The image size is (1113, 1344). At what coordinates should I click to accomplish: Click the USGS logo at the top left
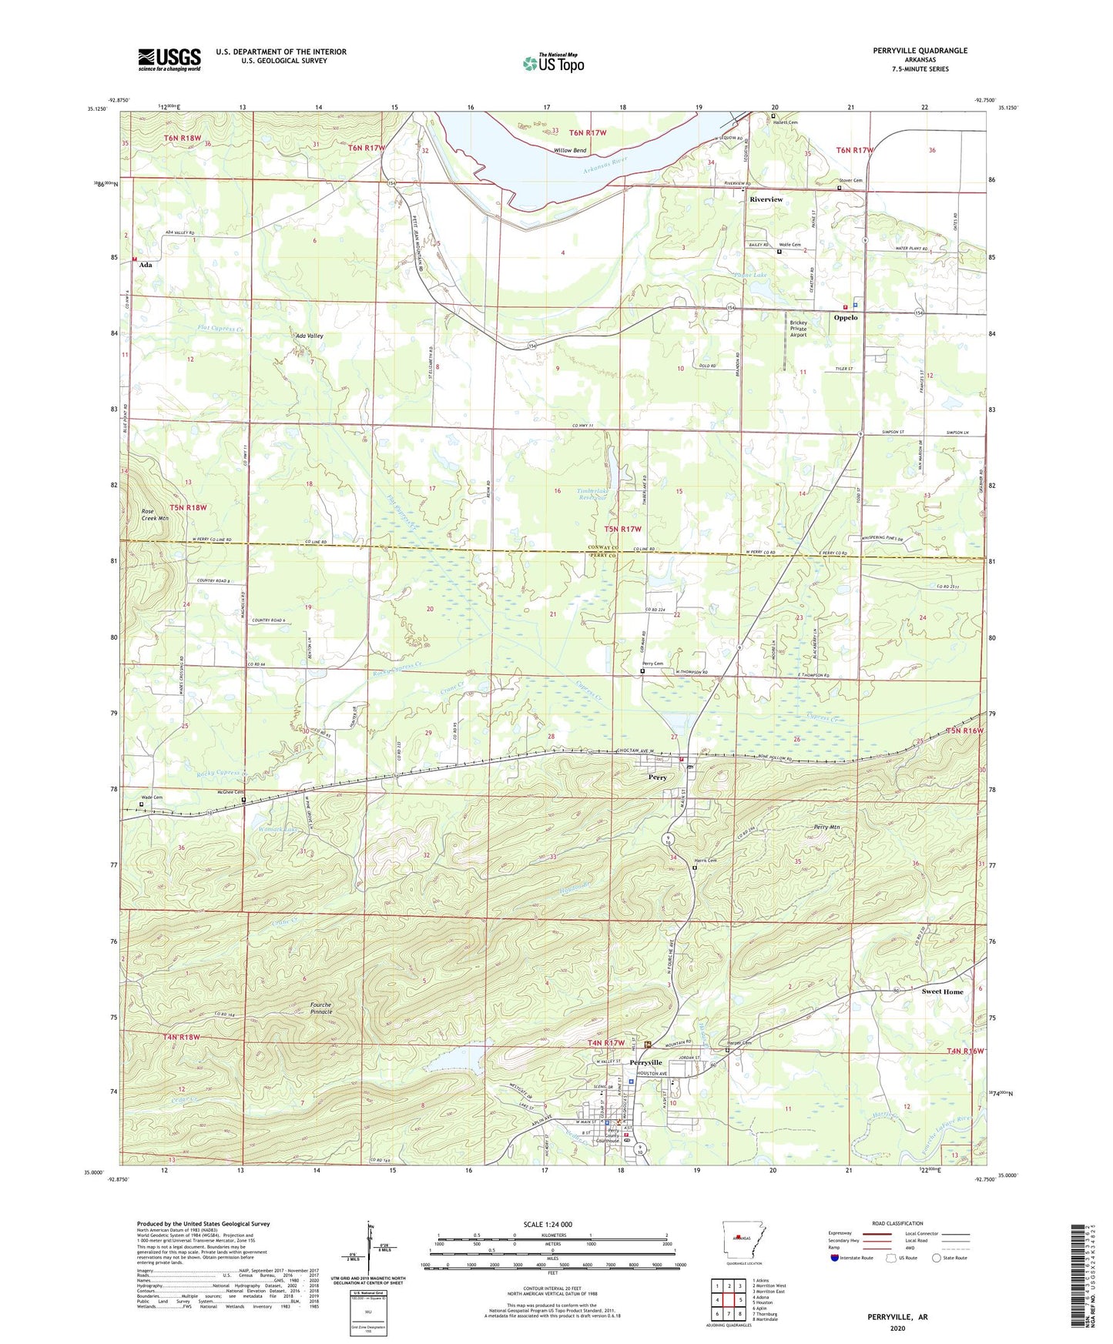coord(169,59)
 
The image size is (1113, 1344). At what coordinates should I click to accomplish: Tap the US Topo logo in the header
coord(553,63)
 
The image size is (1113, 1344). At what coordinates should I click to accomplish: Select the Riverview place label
coord(766,199)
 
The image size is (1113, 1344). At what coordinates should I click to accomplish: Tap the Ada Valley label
coord(309,336)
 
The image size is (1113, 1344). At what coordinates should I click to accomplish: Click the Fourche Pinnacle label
coord(320,1008)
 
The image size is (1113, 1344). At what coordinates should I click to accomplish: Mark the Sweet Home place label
coord(942,991)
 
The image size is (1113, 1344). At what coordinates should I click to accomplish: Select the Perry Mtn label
coord(826,827)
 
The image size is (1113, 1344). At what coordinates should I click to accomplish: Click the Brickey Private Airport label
coord(799,329)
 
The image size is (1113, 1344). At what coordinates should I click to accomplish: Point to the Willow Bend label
coord(569,151)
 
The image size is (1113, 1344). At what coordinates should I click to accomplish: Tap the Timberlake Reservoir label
coord(592,493)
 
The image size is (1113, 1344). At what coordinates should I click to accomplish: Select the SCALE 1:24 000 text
coord(548,1225)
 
